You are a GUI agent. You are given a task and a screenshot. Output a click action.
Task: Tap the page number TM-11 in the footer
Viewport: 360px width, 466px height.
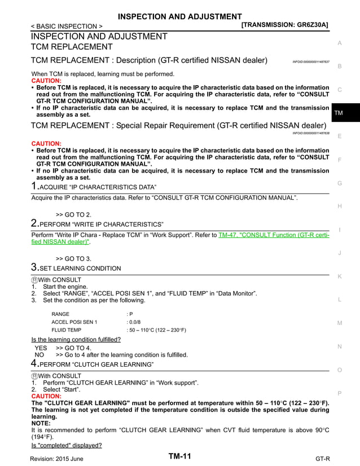pos(179,456)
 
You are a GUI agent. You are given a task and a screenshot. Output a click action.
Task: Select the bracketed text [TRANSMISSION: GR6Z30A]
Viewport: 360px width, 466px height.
pos(284,25)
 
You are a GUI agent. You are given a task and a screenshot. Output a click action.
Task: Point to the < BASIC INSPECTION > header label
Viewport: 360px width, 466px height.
pos(67,26)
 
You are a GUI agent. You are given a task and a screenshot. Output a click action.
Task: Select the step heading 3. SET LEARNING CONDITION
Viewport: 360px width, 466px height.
pos(76,268)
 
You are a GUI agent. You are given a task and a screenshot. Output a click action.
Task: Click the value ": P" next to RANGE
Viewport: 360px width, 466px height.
pos(130,314)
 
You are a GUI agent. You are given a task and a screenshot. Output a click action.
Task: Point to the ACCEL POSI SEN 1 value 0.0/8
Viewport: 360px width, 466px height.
pos(134,322)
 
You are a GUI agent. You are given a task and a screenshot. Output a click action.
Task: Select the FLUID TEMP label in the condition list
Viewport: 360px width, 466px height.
pos(66,329)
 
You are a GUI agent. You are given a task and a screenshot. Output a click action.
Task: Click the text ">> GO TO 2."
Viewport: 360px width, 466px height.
pos(73,214)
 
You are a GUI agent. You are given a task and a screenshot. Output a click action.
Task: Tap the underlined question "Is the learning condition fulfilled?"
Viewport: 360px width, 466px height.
pos(76,340)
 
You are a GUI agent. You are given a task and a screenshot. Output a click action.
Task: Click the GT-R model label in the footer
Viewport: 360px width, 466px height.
pos(323,459)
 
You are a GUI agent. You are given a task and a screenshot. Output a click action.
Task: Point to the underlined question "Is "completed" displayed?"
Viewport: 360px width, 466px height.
pos(66,445)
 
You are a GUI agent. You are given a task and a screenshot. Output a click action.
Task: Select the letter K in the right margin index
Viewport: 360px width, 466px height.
pos(339,276)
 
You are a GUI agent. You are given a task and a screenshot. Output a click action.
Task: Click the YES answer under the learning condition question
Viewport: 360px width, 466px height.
pos(41,348)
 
